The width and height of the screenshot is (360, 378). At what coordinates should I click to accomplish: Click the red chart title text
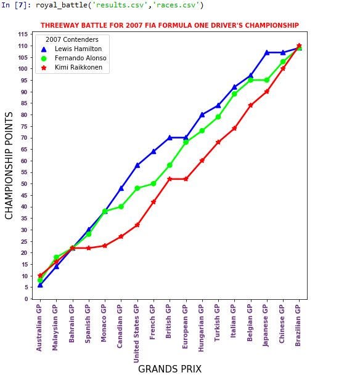pos(170,25)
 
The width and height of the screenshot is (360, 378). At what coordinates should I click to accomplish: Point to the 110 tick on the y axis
pos(25,46)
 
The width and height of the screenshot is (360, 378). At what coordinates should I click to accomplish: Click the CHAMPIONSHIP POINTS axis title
pos(9,166)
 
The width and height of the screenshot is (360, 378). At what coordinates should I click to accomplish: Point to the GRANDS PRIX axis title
pos(170,369)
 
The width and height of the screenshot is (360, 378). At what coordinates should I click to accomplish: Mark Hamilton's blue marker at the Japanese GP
pos(267,52)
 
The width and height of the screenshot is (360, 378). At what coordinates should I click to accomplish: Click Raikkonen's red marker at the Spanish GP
pos(88,248)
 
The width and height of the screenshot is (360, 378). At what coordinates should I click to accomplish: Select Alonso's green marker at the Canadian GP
pos(121,206)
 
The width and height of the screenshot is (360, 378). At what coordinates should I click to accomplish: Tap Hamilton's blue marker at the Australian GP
pos(40,284)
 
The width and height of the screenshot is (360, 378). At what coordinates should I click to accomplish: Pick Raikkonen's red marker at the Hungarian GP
pos(202,160)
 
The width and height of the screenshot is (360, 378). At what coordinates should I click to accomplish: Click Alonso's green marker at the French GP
pos(153,183)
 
